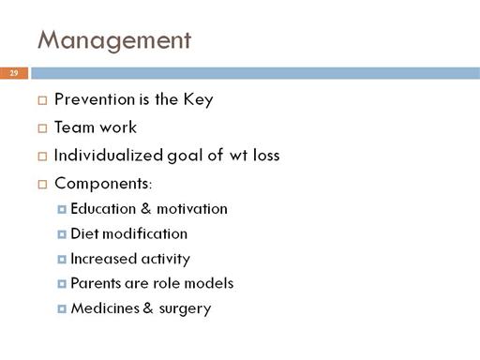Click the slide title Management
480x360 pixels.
pos(114,40)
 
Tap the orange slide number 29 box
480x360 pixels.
pos(14,73)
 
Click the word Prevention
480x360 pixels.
pos(95,99)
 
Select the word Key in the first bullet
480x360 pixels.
pos(198,100)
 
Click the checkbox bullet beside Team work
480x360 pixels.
pos(42,128)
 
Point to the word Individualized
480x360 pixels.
pos(109,156)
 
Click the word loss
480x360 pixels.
pos(266,156)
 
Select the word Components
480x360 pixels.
pos(102,184)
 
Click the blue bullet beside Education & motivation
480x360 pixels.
pos(62,209)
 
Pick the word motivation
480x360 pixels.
pos(192,209)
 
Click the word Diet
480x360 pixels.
pos(84,233)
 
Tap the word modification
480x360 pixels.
pos(145,233)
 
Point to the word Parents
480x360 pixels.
pos(96,283)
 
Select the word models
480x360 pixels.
pos(209,283)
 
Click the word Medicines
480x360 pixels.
pos(105,308)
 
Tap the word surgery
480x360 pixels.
pos(185,309)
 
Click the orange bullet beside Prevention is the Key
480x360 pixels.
pos(42,100)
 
